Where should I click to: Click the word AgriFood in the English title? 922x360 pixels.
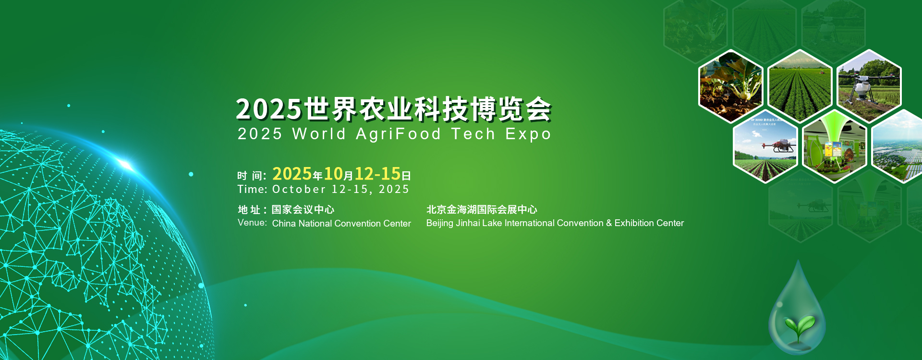[398, 134]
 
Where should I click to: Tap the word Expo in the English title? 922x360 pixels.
[528, 134]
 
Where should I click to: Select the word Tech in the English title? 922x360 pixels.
[473, 133]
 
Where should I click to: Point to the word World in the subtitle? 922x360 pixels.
[319, 133]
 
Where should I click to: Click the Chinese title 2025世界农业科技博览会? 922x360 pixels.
[394, 109]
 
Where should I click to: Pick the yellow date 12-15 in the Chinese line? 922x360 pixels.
[377, 174]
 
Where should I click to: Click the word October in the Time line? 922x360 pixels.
[299, 189]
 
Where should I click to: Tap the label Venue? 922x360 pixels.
[252, 223]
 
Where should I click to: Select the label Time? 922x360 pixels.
[252, 189]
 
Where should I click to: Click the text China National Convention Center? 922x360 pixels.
[341, 224]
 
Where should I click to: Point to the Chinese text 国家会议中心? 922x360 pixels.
[303, 209]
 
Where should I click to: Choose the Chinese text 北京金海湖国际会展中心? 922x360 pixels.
[482, 209]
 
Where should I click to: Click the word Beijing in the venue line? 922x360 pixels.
[440, 224]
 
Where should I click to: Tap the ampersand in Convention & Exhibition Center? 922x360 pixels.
[609, 223]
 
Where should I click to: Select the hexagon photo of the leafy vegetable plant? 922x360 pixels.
[731, 86]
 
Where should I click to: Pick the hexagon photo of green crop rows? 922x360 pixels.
[800, 86]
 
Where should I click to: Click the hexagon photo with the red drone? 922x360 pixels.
[766, 146]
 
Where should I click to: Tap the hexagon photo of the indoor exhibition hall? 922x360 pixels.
[835, 146]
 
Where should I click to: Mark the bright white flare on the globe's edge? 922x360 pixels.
[126, 165]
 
